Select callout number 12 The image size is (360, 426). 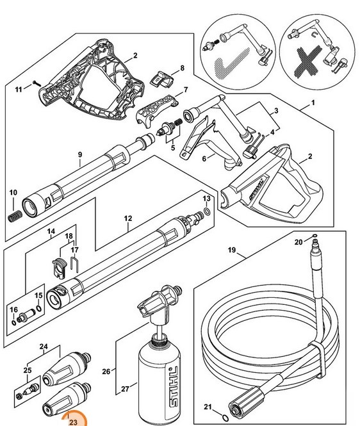[127, 218]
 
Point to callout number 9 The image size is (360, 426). [79, 153]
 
